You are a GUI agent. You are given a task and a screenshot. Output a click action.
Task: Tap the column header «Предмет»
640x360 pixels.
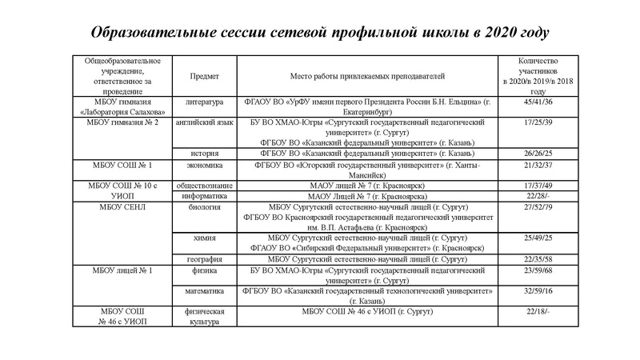tap(204, 76)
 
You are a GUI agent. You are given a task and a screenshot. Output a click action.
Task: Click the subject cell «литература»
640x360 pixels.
tap(204, 102)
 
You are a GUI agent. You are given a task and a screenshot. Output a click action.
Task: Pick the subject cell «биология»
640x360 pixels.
tap(204, 206)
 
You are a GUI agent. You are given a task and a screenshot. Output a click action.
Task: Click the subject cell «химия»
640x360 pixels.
tap(204, 238)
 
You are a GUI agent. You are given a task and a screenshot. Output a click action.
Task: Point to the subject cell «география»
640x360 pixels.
tap(204, 259)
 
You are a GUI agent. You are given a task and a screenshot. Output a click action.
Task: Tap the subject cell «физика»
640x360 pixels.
tap(204, 270)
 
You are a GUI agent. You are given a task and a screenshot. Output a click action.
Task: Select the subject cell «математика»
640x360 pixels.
tap(204, 291)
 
